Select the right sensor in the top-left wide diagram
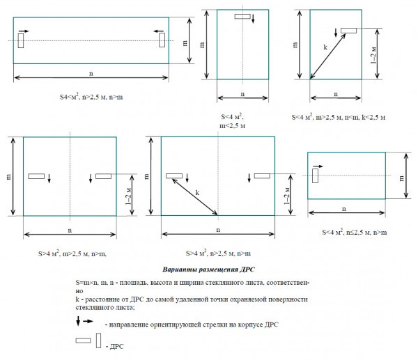pos(162,41)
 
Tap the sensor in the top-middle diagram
pos(243,16)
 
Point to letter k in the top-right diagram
pos(325,47)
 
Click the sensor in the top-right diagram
pos(348,30)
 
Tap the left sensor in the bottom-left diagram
pos(36,175)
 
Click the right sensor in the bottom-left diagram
pos(103,175)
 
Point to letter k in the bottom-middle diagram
pos(197,191)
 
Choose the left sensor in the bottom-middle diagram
pos(174,175)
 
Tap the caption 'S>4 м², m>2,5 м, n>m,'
pos(69,254)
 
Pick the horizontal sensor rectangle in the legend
pos(84,341)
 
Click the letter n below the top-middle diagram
pos(242,93)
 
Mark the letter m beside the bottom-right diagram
pos(402,178)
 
